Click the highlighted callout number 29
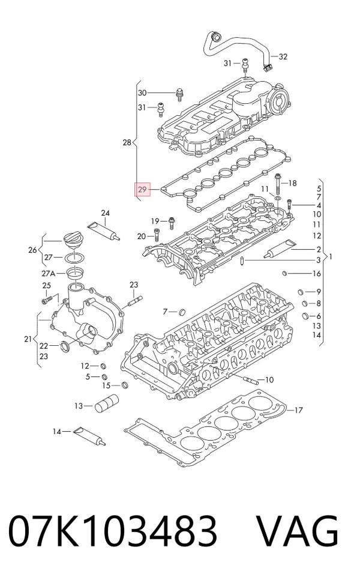click(x=142, y=190)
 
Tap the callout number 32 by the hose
click(x=283, y=56)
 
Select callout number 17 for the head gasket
click(x=298, y=410)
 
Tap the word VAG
click(x=297, y=530)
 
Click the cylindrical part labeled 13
click(x=107, y=404)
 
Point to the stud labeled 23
click(x=136, y=301)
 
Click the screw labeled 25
click(x=46, y=300)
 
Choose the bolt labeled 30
click(x=180, y=94)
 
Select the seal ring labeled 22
click(x=65, y=346)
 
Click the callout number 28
click(x=127, y=142)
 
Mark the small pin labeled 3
click(x=241, y=261)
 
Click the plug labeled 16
click(x=284, y=274)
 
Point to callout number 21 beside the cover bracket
click(x=28, y=339)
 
